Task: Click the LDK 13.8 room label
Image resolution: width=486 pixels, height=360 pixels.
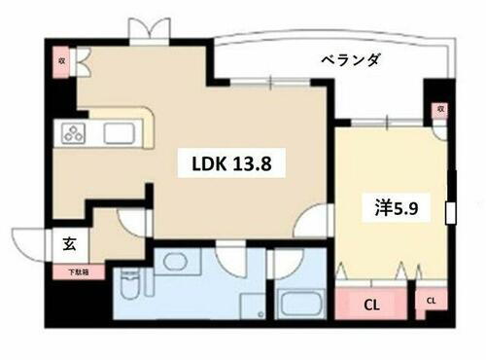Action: (230, 165)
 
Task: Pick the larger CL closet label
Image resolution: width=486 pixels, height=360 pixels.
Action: (370, 304)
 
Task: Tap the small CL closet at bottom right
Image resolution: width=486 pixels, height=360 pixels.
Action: (430, 303)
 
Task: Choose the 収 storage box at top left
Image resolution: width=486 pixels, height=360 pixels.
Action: (58, 60)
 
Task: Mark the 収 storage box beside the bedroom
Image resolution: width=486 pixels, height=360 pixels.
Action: (440, 110)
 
